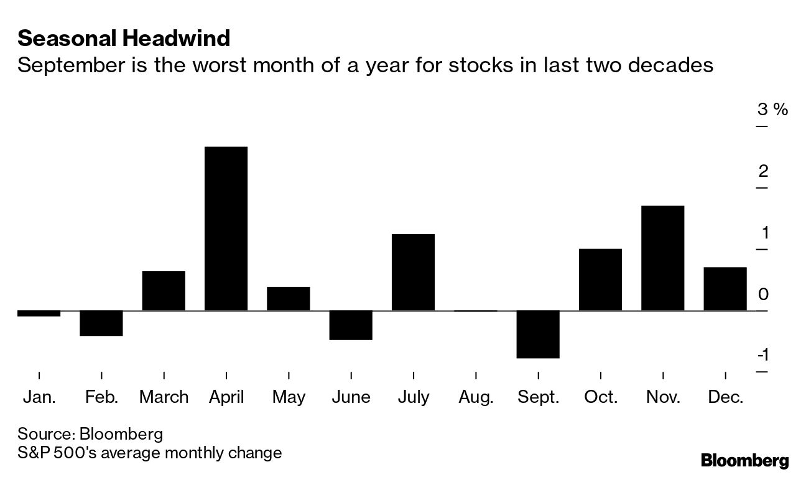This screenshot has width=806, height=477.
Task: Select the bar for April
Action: (226, 229)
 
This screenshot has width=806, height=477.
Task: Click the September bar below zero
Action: (538, 334)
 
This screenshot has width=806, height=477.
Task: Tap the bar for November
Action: (662, 258)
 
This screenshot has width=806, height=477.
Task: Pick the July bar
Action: (413, 272)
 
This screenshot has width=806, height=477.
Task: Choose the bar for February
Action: (101, 323)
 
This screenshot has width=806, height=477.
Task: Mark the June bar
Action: (351, 325)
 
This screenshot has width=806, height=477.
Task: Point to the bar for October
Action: (600, 280)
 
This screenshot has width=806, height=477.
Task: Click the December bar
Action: (725, 289)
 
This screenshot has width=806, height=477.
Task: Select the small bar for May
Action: (289, 299)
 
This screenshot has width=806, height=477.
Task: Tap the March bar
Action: (164, 291)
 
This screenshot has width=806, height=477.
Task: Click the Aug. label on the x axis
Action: (476, 397)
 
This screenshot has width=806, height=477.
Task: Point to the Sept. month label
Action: (538, 397)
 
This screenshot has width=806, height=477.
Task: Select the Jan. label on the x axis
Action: (39, 397)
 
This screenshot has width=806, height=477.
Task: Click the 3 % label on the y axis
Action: (772, 110)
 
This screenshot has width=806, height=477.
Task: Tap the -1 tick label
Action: (762, 356)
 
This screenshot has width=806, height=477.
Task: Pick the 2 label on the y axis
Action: (763, 171)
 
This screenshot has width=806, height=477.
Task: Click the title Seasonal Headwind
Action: (124, 39)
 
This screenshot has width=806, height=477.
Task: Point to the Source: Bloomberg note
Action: (90, 433)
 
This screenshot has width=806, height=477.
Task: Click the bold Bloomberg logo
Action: (744, 461)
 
